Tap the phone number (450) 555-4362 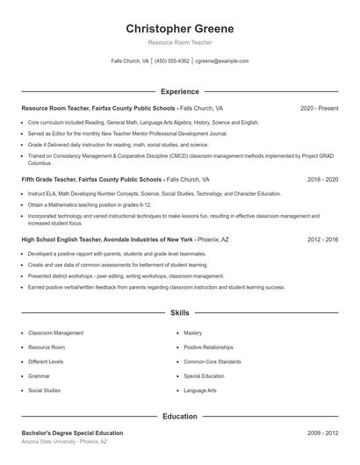coord(173,61)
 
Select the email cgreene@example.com coord(221,61)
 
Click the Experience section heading coord(180,91)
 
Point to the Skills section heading coord(180,312)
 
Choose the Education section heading coord(180,417)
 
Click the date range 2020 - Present coord(319,108)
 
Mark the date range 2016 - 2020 coord(322,179)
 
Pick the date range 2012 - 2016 coord(322,239)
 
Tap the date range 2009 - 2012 coord(322,433)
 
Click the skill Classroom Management coord(56,333)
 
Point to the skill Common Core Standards coord(212,361)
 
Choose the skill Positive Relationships coord(209,347)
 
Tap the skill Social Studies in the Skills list coord(45,390)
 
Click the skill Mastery coord(193,333)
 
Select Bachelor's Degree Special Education coord(72,433)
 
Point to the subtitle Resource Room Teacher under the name coord(180,42)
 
